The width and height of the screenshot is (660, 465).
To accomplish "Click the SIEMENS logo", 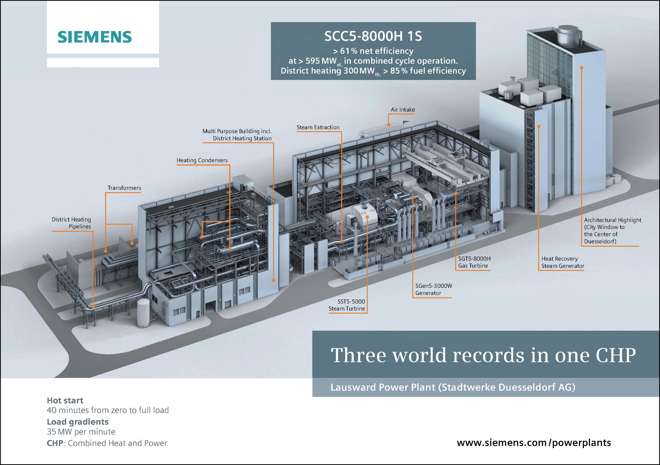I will (95, 37).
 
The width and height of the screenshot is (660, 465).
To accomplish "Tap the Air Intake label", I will (402, 110).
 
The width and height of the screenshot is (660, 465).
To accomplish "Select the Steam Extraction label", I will (318, 127).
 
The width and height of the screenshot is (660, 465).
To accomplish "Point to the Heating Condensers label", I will (202, 160).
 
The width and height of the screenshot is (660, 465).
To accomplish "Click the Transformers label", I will (124, 188).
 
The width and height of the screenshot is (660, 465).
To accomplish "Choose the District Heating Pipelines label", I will (72, 223).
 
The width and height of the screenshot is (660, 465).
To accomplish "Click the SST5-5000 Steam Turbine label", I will (347, 305).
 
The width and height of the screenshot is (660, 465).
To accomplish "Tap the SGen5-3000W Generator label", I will (433, 289).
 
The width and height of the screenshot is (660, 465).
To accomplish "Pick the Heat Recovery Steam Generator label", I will (563, 262).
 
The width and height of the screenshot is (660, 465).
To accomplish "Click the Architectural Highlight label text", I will (612, 230).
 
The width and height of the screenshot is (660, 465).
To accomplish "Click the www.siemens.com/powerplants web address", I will (534, 442).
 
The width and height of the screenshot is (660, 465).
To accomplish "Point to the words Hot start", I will (65, 400).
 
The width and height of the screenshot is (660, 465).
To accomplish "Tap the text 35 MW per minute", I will (81, 432).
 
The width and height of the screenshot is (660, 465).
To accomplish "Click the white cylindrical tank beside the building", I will (143, 313).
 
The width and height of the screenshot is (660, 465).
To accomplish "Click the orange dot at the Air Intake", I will (388, 125).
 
